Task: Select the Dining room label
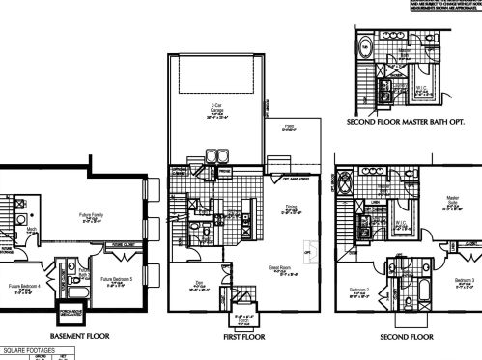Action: (x=291, y=205)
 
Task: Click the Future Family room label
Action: (x=91, y=217)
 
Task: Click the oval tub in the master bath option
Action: (x=368, y=21)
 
